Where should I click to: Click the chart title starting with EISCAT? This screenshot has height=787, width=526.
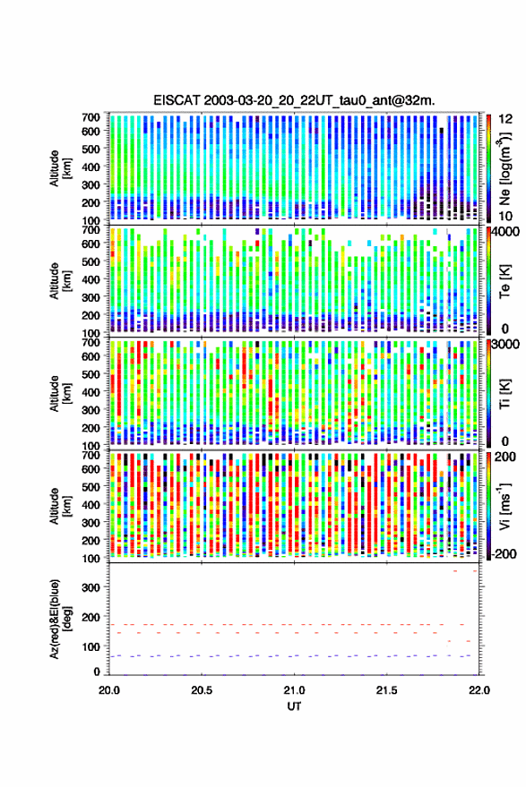[x=295, y=100]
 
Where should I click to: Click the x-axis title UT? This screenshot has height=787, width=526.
[x=294, y=706]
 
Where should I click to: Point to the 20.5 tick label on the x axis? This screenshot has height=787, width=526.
[x=202, y=690]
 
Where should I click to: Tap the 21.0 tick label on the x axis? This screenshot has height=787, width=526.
[x=295, y=690]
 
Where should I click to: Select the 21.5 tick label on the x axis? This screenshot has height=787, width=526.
[x=386, y=690]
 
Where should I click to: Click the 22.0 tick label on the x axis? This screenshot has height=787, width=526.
[x=479, y=690]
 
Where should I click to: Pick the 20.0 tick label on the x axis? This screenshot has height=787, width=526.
[x=109, y=690]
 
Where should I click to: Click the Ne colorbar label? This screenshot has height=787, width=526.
[x=505, y=168]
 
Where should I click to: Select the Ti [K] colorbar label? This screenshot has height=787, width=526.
[x=505, y=394]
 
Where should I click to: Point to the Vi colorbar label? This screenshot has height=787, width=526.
[x=505, y=506]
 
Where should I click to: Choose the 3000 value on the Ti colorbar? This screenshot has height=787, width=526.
[x=506, y=345]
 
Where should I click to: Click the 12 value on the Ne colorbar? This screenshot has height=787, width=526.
[x=506, y=119]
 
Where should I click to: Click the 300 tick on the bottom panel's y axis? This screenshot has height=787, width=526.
[x=91, y=587]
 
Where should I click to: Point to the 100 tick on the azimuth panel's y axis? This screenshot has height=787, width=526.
[x=91, y=646]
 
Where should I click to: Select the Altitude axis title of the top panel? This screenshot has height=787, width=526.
[x=60, y=168]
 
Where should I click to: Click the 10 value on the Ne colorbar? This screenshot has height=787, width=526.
[x=505, y=217]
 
